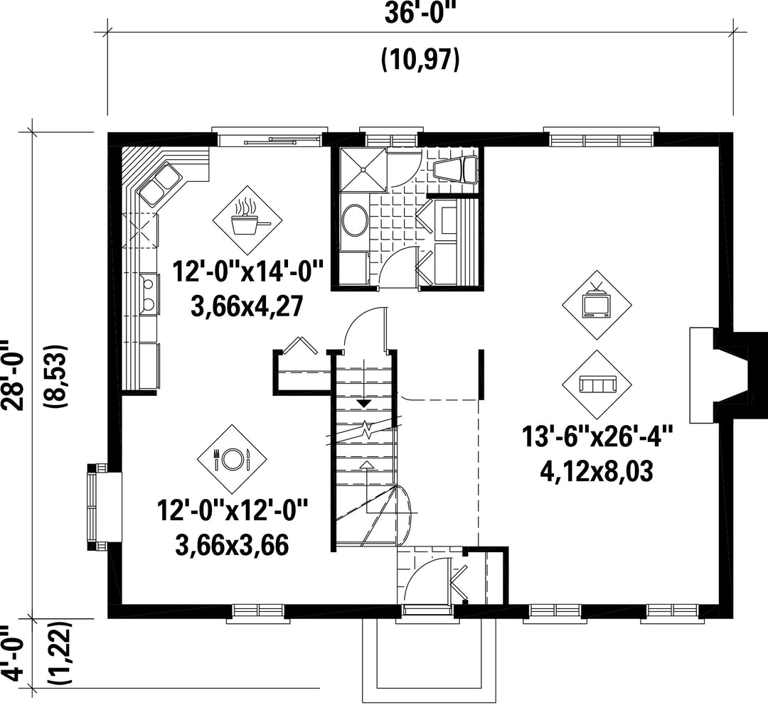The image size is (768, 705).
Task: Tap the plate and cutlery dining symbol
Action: pos(232,458)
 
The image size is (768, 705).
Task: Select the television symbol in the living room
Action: pos(596,304)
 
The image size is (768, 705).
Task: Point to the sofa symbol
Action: pos(596,384)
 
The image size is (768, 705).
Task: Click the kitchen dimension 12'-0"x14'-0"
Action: pos(248,271)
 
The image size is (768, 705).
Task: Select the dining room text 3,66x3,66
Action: pos(231,545)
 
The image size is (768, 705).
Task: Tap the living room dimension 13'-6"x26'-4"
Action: pos(597,436)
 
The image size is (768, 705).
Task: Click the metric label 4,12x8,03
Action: pos(597,472)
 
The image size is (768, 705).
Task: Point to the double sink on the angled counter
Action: pos(160,183)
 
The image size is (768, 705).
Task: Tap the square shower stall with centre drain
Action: pos(364,169)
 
